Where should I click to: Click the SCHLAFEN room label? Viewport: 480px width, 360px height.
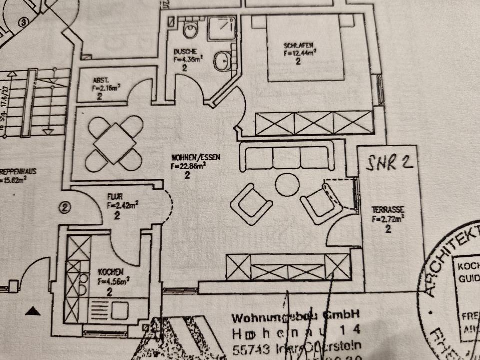(x=297, y=45)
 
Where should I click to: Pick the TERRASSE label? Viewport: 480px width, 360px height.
(x=387, y=210)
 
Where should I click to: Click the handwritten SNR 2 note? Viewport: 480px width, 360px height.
(x=390, y=162)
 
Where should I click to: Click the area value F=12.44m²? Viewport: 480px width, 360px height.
(x=298, y=52)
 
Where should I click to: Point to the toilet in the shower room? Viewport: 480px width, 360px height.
(x=190, y=30)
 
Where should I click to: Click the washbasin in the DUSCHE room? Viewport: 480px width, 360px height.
(x=221, y=61)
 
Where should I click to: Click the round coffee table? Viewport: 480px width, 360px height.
(x=287, y=184)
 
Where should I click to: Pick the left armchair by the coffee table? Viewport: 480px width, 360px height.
(x=252, y=203)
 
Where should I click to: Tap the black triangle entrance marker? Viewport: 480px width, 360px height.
(x=33, y=312)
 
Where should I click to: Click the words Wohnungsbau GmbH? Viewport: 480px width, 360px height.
(x=295, y=316)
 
